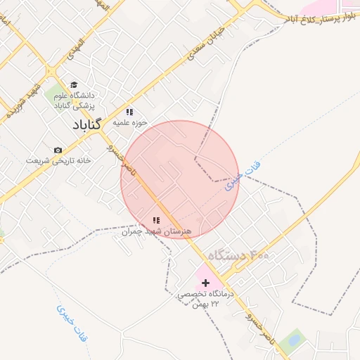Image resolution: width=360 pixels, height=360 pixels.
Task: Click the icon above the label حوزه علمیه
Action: click(x=129, y=111)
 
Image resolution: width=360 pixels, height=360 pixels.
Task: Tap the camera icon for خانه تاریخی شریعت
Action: click(x=58, y=150)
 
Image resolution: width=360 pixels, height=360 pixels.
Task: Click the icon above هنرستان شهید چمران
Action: click(x=156, y=221)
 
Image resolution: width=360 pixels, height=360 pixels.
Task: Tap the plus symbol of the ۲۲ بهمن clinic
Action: click(x=205, y=282)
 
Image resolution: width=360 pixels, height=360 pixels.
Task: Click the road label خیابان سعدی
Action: click(x=205, y=43)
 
